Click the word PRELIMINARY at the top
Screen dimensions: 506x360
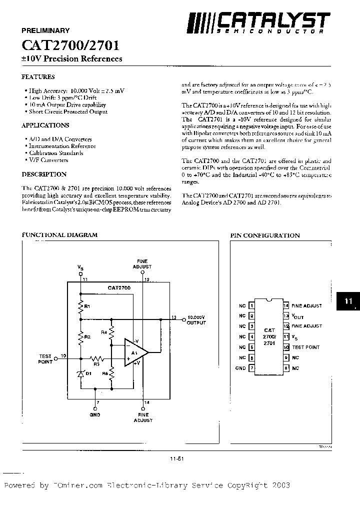pyautogui.click(x=45, y=30)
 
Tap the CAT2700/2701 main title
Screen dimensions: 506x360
pyautogui.click(x=70, y=45)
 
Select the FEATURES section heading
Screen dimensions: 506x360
pyautogui.click(x=38, y=77)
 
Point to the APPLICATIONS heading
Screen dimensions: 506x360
pyautogui.click(x=45, y=125)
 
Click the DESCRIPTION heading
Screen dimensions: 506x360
pyautogui.click(x=44, y=174)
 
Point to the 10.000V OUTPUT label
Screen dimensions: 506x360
pyautogui.click(x=196, y=320)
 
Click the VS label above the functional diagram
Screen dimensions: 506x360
pyautogui.click(x=80, y=269)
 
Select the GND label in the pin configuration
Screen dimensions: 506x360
pyautogui.click(x=240, y=368)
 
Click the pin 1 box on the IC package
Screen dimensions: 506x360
pyautogui.click(x=252, y=305)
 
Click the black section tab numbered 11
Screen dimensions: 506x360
pyautogui.click(x=348, y=301)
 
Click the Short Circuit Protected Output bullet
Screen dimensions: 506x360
pyautogui.click(x=68, y=112)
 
